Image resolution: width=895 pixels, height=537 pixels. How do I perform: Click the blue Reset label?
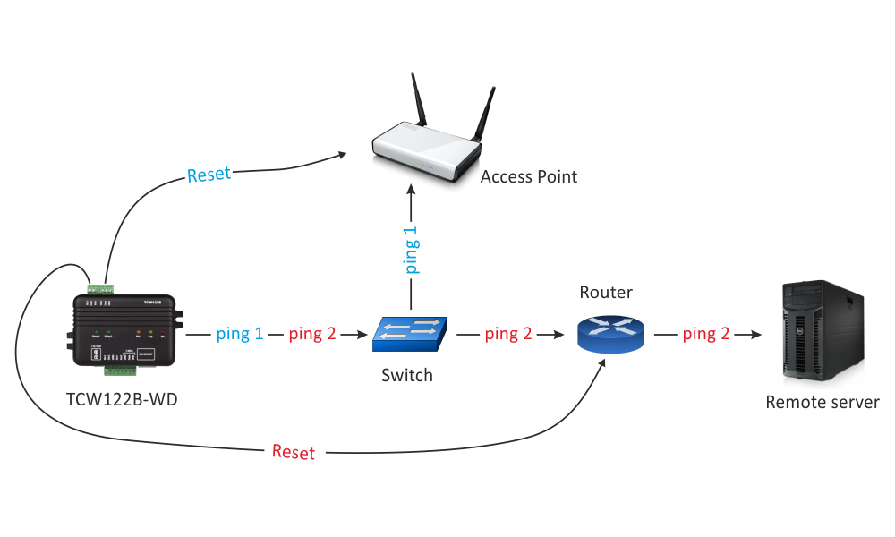[x=209, y=175]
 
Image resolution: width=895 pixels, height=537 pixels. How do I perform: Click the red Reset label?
[x=294, y=452]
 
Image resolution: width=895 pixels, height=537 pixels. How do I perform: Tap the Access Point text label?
[x=529, y=176]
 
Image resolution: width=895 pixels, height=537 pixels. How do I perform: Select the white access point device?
[x=428, y=152]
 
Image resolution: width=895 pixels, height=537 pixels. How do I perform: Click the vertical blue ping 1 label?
[x=411, y=249]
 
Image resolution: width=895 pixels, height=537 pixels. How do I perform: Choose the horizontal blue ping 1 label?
[x=240, y=334]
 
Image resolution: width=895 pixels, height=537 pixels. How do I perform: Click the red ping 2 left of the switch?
[x=312, y=334]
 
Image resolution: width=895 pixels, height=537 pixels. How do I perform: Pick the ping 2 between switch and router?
[x=508, y=334]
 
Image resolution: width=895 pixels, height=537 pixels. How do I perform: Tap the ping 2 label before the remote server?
[x=706, y=334]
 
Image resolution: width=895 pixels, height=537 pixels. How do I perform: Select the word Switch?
[x=407, y=375]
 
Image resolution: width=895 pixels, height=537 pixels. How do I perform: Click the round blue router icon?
[x=611, y=333]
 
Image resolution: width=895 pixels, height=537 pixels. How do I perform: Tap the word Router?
[x=606, y=293]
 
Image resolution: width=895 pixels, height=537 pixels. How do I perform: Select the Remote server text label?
[x=823, y=402]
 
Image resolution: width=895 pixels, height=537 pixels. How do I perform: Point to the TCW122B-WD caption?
[x=122, y=398]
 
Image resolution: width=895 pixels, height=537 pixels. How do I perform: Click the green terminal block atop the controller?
[x=100, y=288]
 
